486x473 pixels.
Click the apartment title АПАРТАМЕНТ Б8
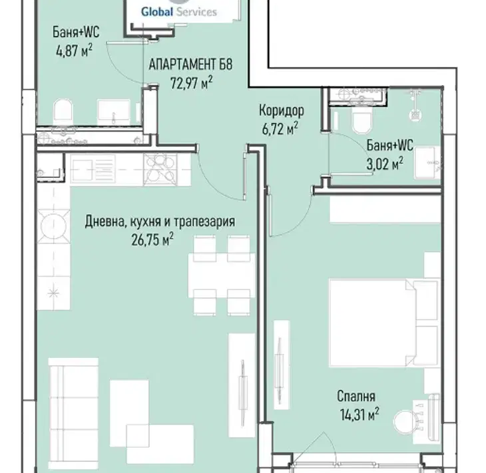(190, 65)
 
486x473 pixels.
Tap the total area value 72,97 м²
(191, 83)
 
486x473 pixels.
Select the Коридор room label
(282, 110)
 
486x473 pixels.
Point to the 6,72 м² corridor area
(280, 128)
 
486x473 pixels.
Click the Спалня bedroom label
(356, 396)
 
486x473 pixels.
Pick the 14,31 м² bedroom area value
(360, 414)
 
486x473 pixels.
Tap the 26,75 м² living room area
(152, 239)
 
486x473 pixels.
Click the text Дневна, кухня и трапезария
(160, 222)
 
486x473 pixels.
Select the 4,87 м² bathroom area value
(74, 50)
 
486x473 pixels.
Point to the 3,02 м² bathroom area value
(385, 164)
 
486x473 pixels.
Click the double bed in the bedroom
(384, 323)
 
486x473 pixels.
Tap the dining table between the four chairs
(222, 275)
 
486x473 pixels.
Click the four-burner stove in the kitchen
(160, 170)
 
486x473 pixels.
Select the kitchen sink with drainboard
(93, 170)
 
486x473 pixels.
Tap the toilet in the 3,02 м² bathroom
(362, 121)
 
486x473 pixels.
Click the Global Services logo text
(179, 12)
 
